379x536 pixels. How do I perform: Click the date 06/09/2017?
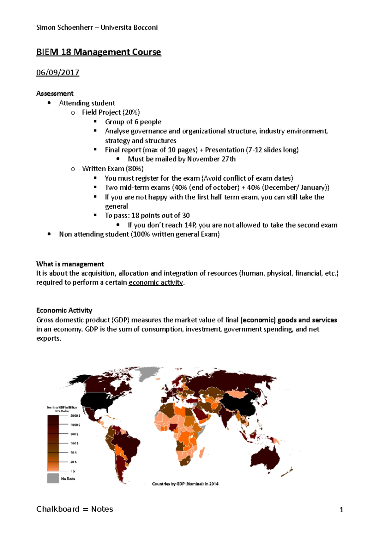57,73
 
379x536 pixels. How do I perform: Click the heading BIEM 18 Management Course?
99,52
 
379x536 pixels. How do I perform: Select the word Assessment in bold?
55,93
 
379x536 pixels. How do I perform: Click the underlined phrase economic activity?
156,283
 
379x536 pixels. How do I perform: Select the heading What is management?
70,264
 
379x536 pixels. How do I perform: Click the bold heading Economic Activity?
64,310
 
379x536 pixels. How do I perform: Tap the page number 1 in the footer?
341,510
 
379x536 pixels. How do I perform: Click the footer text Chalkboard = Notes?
75,509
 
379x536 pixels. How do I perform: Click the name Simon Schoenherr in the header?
64,27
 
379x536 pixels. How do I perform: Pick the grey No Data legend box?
53,478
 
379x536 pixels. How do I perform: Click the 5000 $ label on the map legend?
75,416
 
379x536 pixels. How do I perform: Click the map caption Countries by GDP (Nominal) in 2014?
185,484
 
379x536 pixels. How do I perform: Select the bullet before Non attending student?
49,234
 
